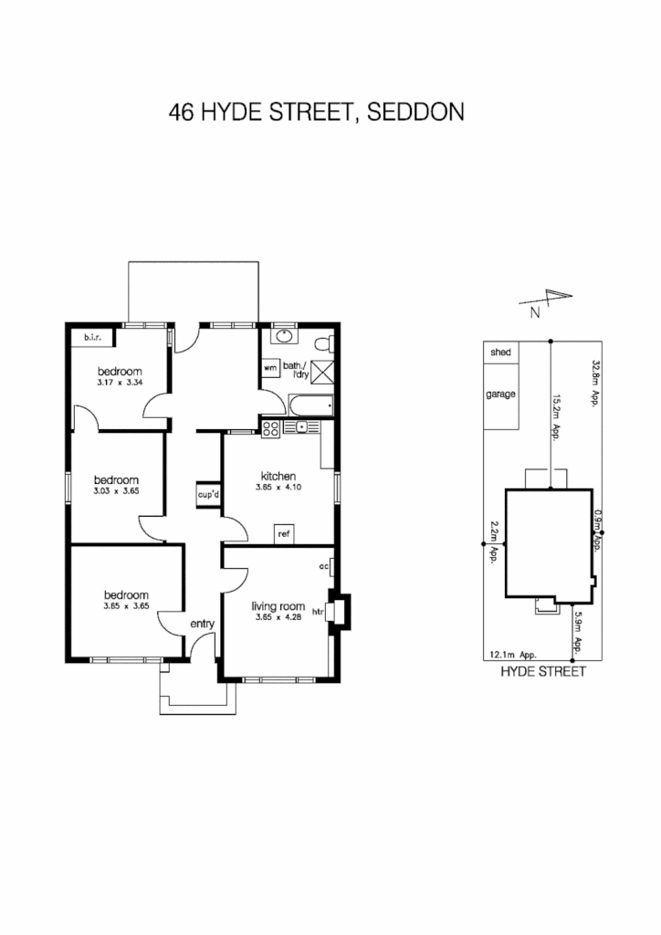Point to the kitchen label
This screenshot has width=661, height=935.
coord(278,476)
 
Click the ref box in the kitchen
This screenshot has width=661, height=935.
coord(283,533)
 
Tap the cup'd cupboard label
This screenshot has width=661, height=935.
coord(208,494)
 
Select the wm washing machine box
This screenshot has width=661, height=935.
coord(270,367)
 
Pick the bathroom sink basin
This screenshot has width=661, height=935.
coord(284,336)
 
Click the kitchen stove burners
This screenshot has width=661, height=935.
coord(270,427)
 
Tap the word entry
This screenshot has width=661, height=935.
coord(202,624)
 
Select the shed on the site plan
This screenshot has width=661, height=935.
coord(500,352)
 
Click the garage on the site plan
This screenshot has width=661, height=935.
coord(501,394)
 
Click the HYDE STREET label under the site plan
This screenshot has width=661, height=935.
coord(542,671)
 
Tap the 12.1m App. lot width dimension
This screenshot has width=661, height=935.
coord(512,655)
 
